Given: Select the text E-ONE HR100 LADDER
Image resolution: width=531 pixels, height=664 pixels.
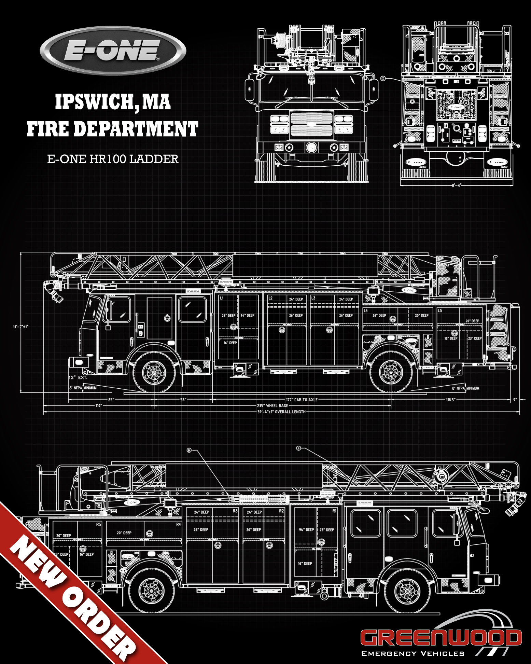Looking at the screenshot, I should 113,159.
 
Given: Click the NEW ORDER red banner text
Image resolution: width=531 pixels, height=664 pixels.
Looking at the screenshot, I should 72,598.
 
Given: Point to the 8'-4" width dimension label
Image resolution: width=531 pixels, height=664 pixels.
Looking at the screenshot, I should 456,185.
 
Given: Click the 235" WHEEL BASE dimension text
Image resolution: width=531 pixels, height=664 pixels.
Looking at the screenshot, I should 273,406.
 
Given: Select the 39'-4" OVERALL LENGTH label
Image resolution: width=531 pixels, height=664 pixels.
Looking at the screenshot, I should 281,412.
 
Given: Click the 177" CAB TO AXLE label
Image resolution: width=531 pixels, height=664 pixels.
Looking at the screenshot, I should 302,400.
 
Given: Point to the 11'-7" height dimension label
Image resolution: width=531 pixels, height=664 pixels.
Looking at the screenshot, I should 21,327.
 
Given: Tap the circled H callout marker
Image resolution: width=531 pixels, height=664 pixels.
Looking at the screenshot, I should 189,450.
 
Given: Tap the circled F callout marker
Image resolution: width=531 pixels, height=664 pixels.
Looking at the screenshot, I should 298,448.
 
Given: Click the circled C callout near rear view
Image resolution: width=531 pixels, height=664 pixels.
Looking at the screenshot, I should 383,79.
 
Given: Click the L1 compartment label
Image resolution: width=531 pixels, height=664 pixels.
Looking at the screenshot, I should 222,298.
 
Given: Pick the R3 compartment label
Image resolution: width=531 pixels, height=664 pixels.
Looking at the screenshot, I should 235,511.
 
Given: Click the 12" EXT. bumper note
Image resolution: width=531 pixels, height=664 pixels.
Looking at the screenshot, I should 78,377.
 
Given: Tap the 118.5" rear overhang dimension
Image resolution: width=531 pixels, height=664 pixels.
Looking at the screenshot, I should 450,400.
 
